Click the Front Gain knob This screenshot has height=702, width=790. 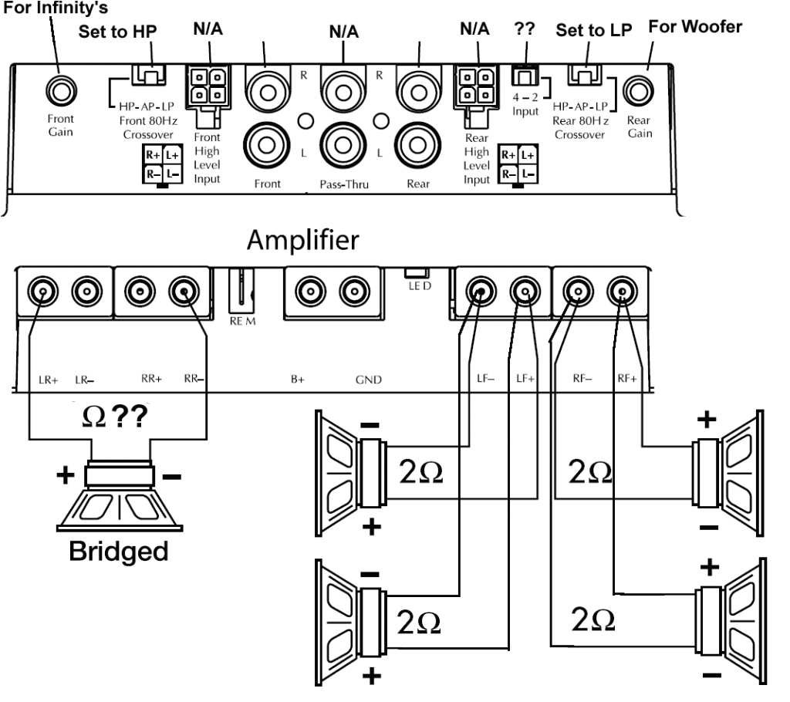58,90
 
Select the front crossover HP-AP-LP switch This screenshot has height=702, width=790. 151,76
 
